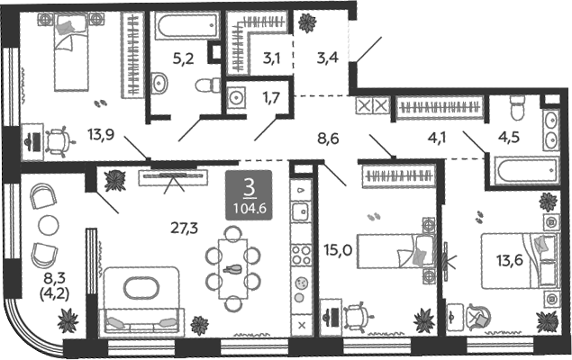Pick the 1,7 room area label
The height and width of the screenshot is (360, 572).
(269, 95)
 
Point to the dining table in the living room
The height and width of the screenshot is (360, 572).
(233, 267)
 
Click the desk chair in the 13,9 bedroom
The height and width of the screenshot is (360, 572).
(59, 139)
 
